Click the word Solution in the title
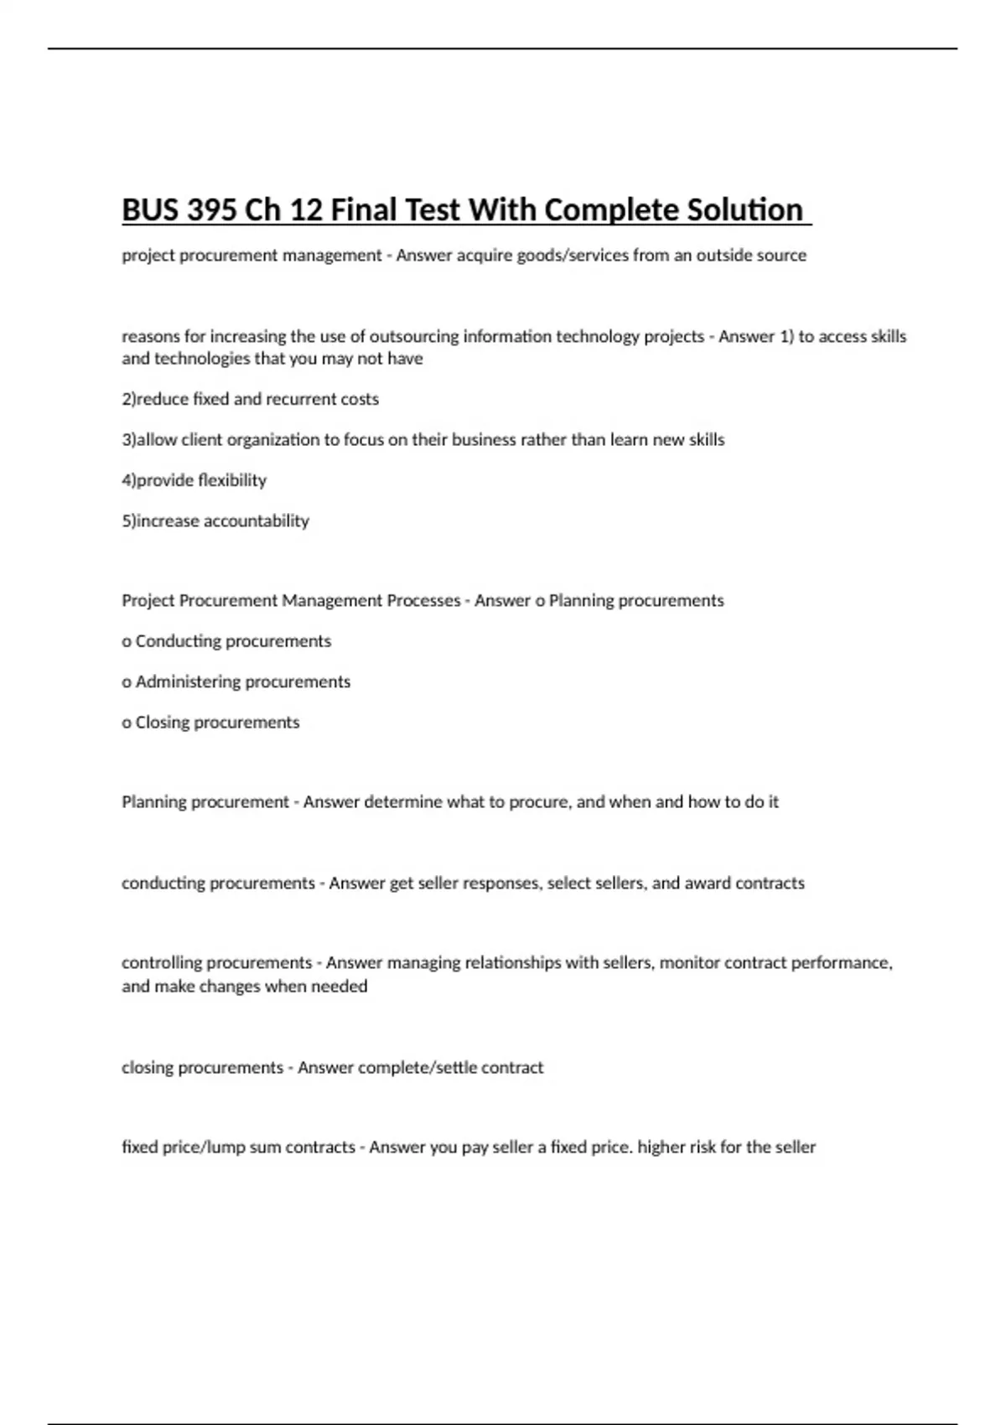(x=744, y=210)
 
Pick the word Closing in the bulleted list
(x=163, y=723)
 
